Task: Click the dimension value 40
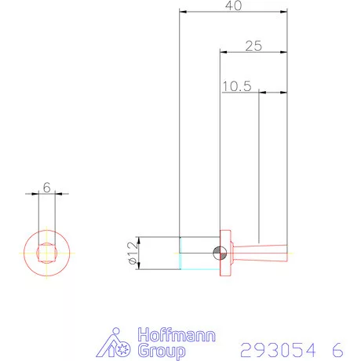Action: [233, 5]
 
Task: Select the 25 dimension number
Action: [253, 46]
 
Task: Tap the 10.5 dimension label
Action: [236, 86]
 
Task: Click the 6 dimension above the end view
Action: [47, 188]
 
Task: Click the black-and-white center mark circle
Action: [221, 253]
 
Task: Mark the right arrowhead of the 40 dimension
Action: [284, 12]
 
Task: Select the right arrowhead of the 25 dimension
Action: [284, 52]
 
